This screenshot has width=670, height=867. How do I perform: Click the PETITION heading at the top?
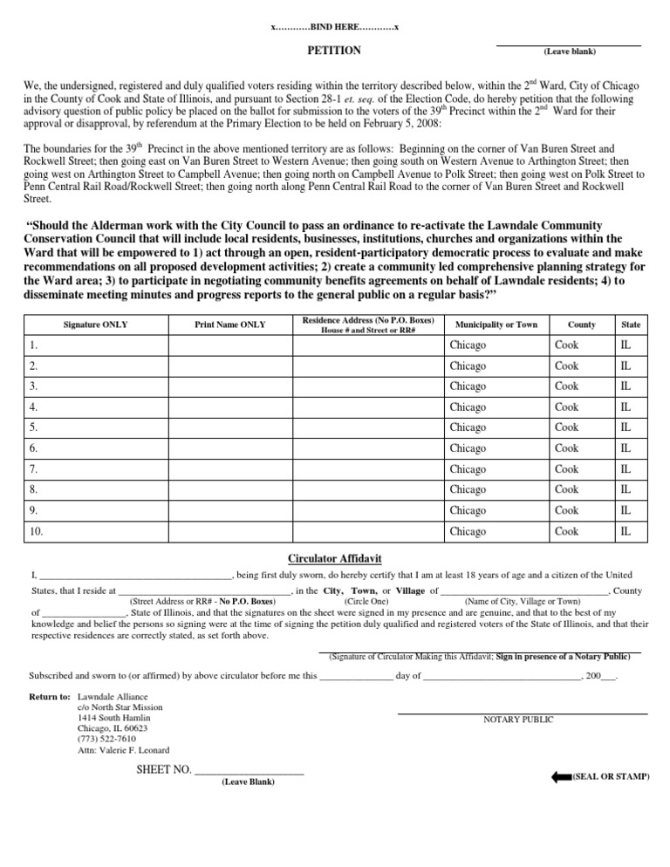pos(334,51)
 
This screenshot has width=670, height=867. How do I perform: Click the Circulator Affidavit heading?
pos(335,557)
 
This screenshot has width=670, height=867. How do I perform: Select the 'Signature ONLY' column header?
pos(92,324)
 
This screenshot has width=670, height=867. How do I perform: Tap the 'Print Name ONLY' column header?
pos(229,324)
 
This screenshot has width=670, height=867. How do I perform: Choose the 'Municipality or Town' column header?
pos(496,324)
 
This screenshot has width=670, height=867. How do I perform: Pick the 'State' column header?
pos(631,324)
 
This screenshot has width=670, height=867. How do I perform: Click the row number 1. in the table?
pos(32,345)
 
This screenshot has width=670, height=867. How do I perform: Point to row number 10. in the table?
pos(36,530)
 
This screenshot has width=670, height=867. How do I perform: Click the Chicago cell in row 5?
pos(468,427)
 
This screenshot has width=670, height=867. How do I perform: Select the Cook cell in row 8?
pos(566,489)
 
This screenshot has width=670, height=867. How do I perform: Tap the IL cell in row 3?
pos(626,386)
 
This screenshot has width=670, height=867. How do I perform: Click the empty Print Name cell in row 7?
pos(229,468)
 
